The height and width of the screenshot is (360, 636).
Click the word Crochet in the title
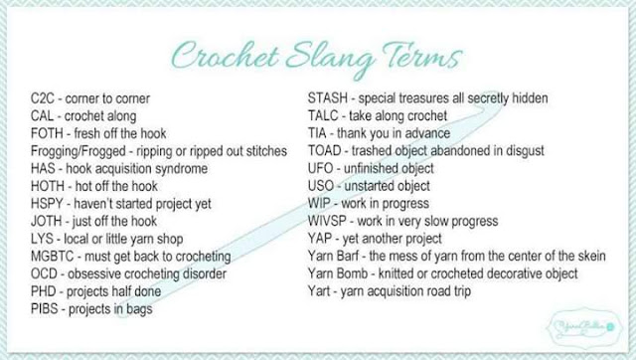(x=226, y=56)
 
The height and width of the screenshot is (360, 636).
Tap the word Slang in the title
(x=330, y=60)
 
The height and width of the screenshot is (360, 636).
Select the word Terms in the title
(x=421, y=56)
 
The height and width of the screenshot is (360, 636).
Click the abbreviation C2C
(x=42, y=98)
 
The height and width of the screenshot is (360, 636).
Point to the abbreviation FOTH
(x=47, y=133)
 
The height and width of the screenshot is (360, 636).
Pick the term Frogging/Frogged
(x=79, y=151)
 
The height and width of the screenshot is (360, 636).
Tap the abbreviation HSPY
(x=47, y=204)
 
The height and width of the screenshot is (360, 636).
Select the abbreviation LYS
(x=42, y=239)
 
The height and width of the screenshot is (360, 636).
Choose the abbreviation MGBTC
(x=53, y=257)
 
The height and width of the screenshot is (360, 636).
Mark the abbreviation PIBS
(x=44, y=309)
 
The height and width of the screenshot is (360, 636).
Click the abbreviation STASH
(x=328, y=98)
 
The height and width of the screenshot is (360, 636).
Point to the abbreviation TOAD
(x=325, y=151)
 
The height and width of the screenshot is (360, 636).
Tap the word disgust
(x=525, y=151)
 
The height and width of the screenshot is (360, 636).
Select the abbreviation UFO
(x=320, y=168)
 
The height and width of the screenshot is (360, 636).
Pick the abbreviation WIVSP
(x=327, y=221)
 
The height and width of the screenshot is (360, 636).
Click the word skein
(x=590, y=257)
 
